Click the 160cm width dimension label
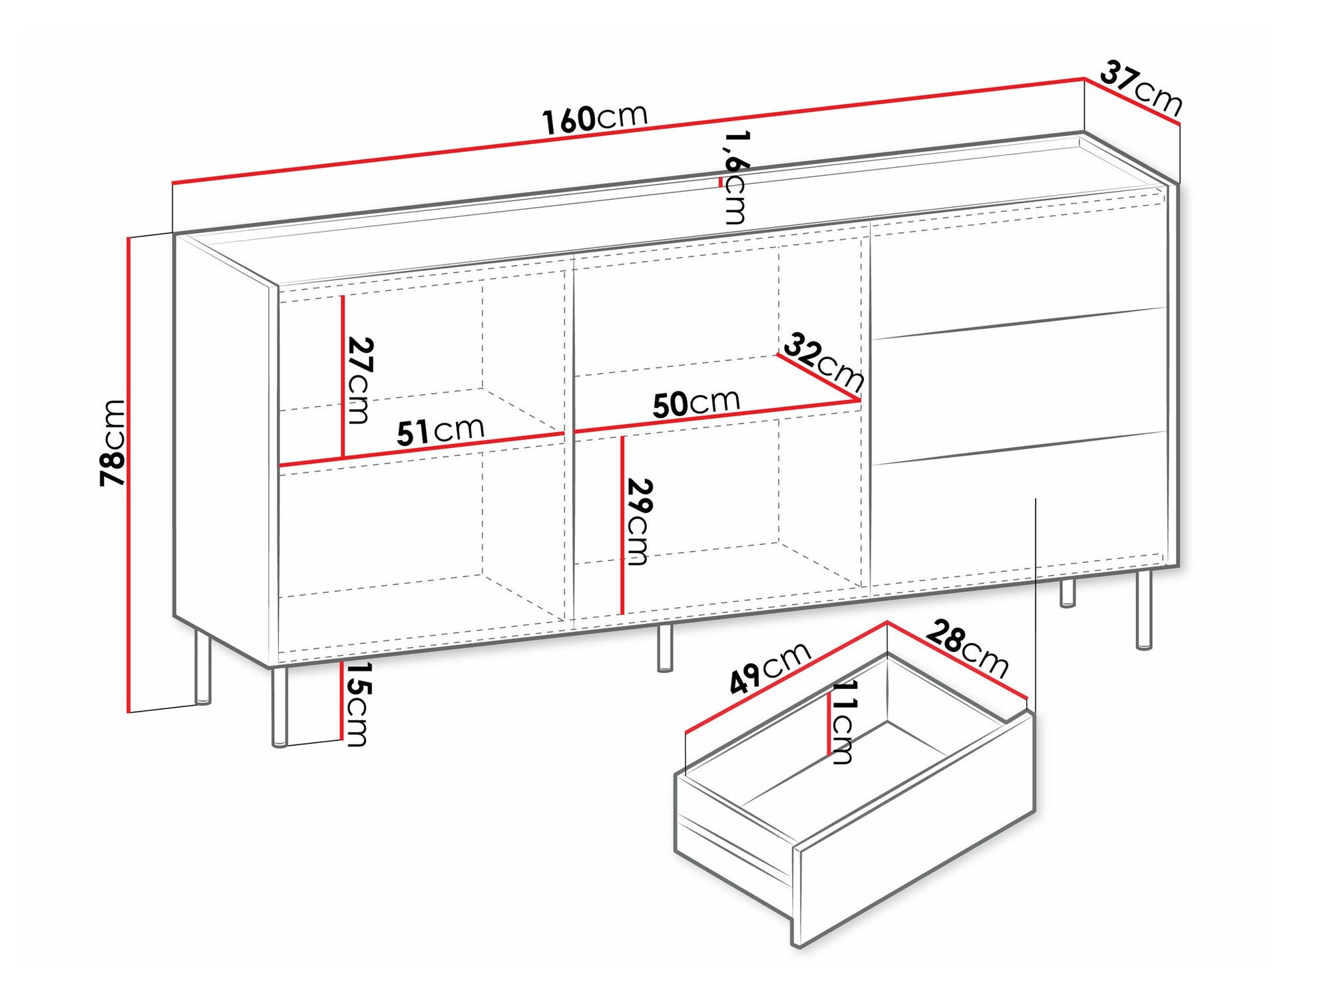(594, 119)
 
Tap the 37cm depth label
(1141, 87)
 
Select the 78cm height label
(112, 443)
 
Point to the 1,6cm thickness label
(736, 177)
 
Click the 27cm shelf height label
(360, 380)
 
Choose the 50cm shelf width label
(696, 403)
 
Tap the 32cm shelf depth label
(824, 364)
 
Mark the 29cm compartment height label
(639, 521)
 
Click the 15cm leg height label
(357, 704)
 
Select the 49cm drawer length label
(770, 668)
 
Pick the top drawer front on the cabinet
(1018, 266)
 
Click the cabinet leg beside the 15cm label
(280, 706)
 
